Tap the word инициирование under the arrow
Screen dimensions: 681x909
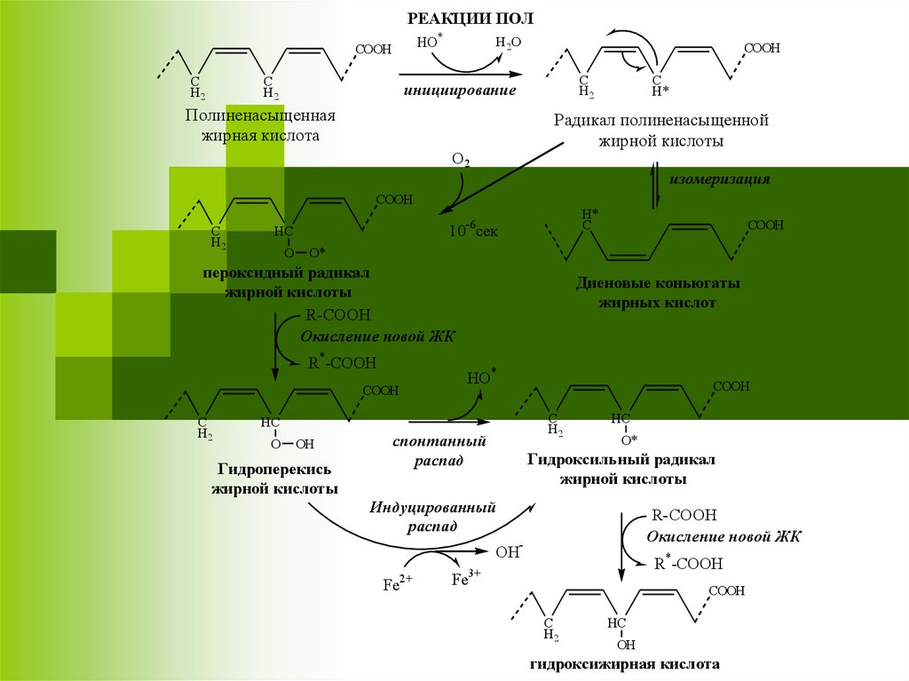459,91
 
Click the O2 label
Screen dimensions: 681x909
461,161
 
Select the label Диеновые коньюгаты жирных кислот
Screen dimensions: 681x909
658,293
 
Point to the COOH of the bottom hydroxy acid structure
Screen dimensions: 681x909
726,590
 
